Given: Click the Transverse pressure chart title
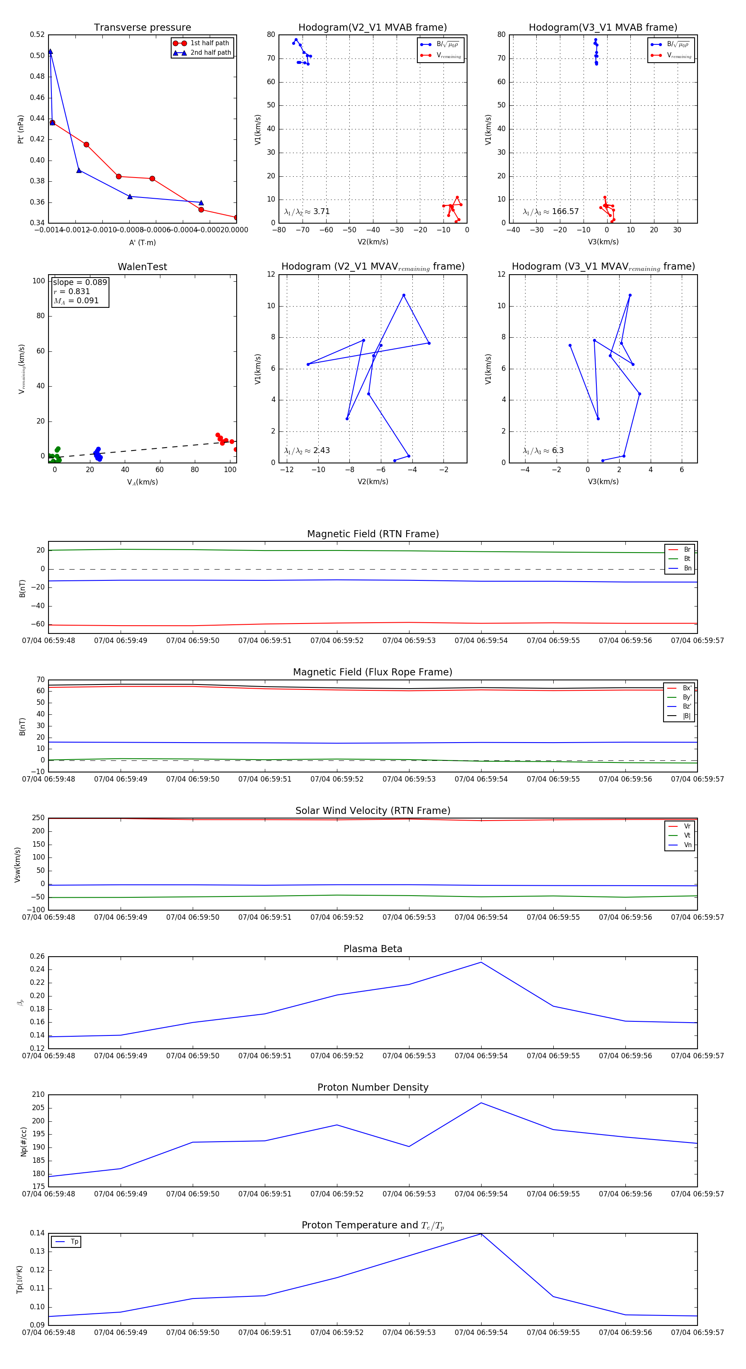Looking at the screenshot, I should click(142, 28).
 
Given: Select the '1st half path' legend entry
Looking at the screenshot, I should click(209, 43).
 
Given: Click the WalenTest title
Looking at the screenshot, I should click(142, 267).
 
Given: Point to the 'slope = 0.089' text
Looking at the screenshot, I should click(80, 282).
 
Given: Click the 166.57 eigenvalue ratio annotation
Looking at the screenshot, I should click(565, 212).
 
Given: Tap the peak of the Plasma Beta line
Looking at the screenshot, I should click(481, 962).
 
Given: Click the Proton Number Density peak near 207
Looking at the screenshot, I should click(481, 1103).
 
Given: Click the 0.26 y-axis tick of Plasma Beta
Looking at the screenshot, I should click(37, 957).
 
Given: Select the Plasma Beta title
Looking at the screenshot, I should click(373, 949).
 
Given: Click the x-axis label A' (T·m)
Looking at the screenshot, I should click(142, 243).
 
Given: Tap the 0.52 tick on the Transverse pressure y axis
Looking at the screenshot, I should click(37, 34).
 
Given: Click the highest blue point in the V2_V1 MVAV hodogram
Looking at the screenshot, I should click(404, 295).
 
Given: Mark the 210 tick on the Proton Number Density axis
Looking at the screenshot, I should click(38, 1095).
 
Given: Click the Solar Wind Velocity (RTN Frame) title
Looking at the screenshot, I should click(373, 811).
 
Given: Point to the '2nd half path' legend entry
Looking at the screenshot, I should click(210, 53).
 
